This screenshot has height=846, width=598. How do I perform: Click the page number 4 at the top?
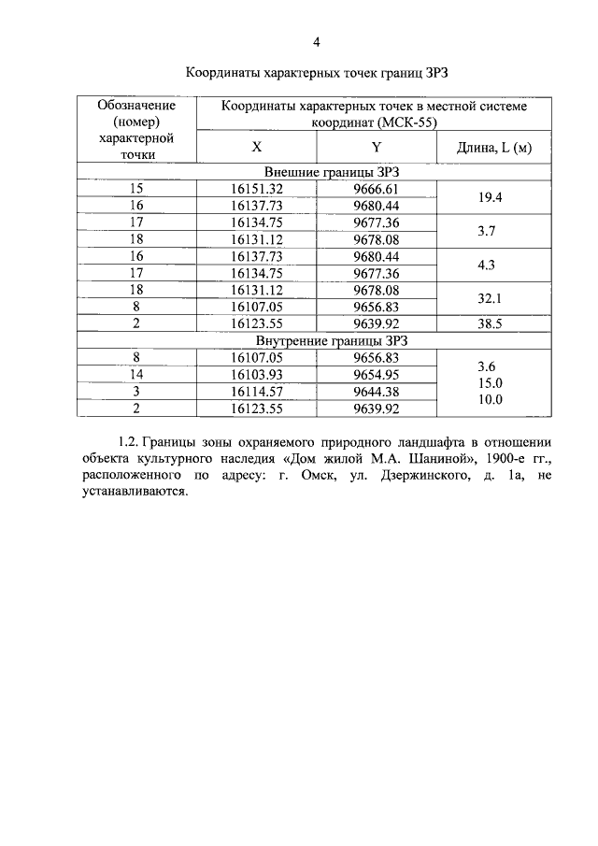point(317,42)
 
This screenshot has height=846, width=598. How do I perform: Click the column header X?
point(257,147)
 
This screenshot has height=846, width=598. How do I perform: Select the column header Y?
point(377,147)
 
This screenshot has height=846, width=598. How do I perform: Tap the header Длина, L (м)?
point(493,147)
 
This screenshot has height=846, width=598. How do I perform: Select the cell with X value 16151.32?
point(257,189)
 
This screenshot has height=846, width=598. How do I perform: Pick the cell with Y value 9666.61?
point(377,189)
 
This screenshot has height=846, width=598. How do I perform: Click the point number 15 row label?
point(137,189)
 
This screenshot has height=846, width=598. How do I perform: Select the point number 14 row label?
point(137,374)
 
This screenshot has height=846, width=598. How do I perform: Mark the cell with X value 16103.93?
point(257,374)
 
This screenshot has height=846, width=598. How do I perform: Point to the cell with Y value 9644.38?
point(377,391)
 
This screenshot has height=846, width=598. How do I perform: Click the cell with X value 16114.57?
point(257,391)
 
